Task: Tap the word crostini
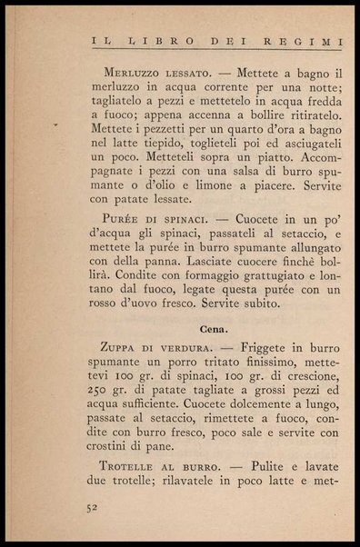coord(113,445)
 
